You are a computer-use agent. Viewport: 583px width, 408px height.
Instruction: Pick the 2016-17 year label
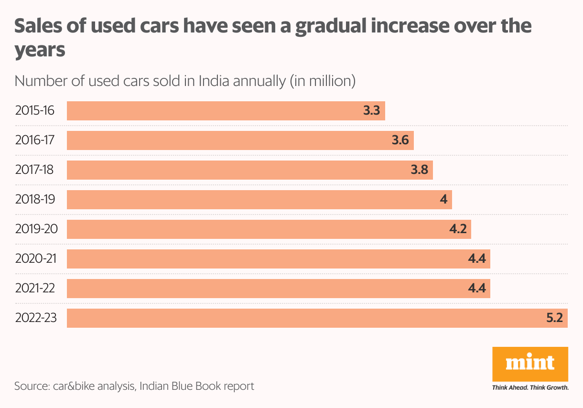click(35, 140)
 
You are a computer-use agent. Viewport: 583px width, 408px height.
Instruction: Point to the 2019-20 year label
click(36, 229)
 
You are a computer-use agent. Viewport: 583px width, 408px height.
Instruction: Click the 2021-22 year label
click(35, 289)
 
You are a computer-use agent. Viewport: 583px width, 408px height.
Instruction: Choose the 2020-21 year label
click(36, 259)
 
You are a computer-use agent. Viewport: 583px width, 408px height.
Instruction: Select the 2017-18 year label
click(35, 170)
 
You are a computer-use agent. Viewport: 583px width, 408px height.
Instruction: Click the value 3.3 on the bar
click(371, 111)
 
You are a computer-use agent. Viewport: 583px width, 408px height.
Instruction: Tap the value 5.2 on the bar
click(554, 318)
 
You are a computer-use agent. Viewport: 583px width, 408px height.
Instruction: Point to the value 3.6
click(400, 140)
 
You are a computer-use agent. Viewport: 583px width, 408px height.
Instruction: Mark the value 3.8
click(419, 170)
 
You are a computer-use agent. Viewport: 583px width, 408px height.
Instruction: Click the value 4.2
click(458, 229)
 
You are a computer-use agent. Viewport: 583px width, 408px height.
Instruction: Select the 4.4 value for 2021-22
click(477, 289)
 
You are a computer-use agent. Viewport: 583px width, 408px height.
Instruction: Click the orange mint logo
click(530, 364)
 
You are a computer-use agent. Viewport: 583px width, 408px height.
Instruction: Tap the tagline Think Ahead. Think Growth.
click(530, 387)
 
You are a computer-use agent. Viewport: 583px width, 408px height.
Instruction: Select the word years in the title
click(40, 50)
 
